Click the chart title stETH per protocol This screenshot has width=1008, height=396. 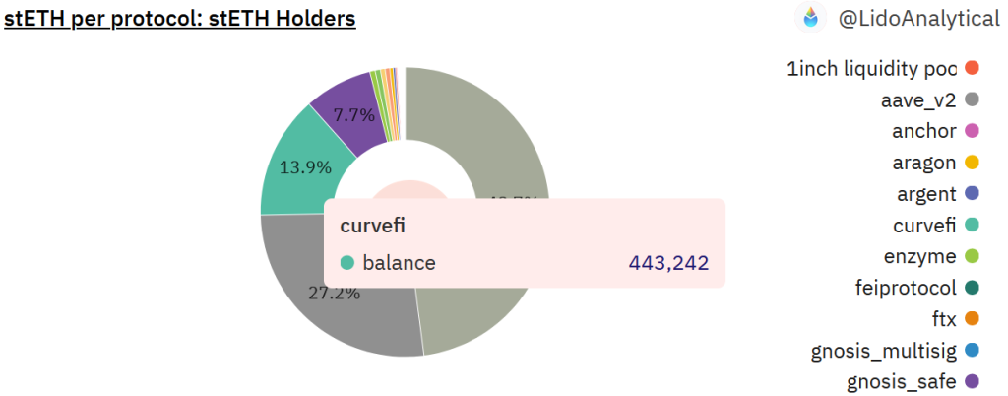click(179, 18)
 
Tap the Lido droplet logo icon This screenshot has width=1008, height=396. click(811, 17)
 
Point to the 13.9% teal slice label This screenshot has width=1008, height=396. click(305, 167)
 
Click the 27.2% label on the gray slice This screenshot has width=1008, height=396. click(335, 293)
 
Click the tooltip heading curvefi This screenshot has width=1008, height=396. click(373, 226)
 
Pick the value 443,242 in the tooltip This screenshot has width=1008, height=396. click(668, 263)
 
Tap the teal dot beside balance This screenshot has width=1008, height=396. click(346, 263)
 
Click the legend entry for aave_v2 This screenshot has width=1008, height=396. click(918, 99)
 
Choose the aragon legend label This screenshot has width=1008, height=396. click(927, 163)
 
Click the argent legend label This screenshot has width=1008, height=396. click(927, 194)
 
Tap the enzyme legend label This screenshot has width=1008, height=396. click(920, 257)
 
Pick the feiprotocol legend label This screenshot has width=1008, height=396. click(906, 289)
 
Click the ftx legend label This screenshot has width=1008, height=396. click(943, 319)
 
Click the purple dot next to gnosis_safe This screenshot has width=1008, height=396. click(972, 381)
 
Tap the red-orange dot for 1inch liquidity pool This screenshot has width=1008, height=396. click(972, 68)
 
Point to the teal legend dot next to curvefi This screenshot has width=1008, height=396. click(972, 226)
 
